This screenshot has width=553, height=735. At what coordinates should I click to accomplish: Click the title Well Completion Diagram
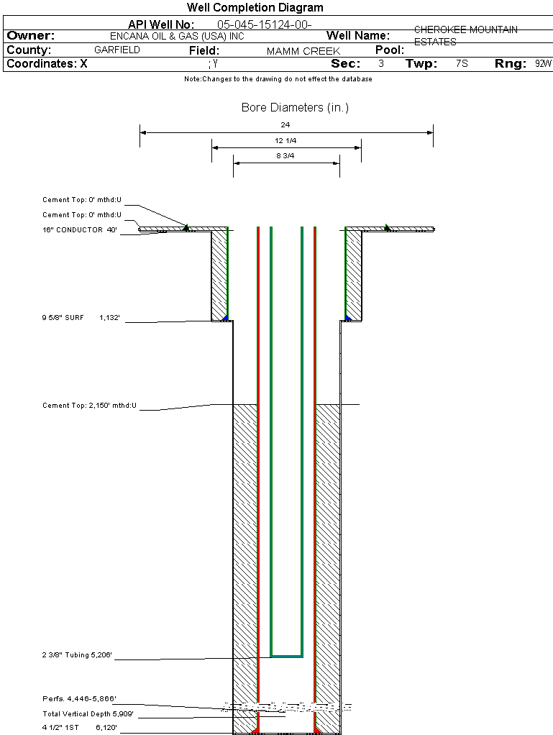tap(255, 8)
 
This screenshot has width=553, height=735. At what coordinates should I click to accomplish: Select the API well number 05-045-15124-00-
tap(264, 25)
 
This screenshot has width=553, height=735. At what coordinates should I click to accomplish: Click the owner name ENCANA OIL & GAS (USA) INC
tap(182, 36)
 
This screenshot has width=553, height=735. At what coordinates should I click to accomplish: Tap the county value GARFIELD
tap(117, 50)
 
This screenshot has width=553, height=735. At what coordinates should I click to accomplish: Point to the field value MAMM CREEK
tap(303, 52)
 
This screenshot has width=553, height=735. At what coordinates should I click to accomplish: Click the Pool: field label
tap(390, 50)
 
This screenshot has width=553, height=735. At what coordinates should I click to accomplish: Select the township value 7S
tap(462, 63)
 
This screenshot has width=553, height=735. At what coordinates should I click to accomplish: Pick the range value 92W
tap(543, 63)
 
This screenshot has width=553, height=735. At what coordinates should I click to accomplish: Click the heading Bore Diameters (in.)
tap(295, 108)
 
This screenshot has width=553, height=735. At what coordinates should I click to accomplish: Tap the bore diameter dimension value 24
tap(285, 124)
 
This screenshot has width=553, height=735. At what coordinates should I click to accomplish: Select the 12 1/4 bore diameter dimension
tap(285, 140)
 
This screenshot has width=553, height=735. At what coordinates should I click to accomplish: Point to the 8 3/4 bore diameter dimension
tap(285, 155)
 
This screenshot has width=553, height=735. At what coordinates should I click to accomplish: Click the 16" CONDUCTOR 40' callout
tap(79, 230)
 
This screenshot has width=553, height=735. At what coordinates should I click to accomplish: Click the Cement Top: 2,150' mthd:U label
tap(89, 406)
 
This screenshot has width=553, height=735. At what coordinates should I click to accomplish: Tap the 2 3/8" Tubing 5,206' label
tap(78, 655)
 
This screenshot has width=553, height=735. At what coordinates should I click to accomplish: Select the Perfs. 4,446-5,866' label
tap(79, 698)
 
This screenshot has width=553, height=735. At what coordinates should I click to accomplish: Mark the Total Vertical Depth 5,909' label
tap(88, 713)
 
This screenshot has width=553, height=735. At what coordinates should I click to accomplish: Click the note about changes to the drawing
tap(278, 79)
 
